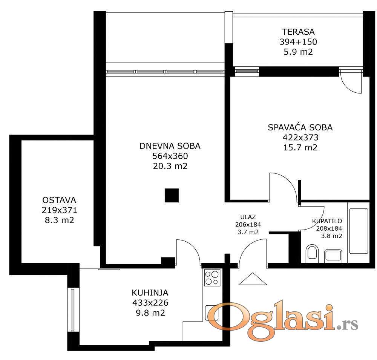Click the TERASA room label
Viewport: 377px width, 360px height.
coord(298,32)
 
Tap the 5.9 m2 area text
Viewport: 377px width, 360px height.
coord(298,52)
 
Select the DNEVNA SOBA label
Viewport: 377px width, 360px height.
coord(170,146)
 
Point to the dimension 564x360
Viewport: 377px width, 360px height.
coord(170,156)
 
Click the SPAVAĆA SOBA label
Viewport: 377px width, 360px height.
coord(300,127)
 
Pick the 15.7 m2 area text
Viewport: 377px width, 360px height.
coord(300,147)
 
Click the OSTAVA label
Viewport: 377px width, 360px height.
coord(59,200)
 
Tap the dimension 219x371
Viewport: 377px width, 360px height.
coord(60,210)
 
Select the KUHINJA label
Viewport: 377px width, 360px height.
coord(150,293)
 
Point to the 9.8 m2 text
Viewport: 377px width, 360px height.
coord(150,313)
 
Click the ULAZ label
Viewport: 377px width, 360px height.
coord(248,217)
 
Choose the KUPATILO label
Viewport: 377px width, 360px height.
coord(327,221)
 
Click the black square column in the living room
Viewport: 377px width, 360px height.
coord(172,195)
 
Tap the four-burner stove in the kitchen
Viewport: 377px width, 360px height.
coord(212,278)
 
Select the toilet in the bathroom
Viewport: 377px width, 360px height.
coord(312,253)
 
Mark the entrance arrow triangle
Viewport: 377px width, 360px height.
coord(253,279)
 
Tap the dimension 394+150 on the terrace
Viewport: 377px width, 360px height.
coord(298,42)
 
